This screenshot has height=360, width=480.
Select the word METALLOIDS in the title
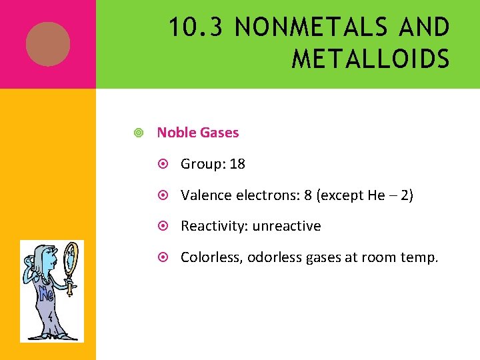pos(370,59)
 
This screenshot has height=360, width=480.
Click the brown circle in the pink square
pos(48,44)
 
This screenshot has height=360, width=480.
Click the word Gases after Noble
pos(219,133)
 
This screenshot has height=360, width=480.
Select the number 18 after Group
pos(237,164)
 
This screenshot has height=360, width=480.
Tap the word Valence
pos(204,195)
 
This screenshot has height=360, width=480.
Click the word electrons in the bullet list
pos(270,195)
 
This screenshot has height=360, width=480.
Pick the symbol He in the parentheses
pos(377,195)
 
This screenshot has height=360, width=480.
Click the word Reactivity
pos(213,226)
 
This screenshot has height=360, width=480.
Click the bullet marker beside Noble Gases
pos(137,133)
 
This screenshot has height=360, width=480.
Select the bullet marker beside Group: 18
pos(167,165)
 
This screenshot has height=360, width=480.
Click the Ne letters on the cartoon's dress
pos(47,294)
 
